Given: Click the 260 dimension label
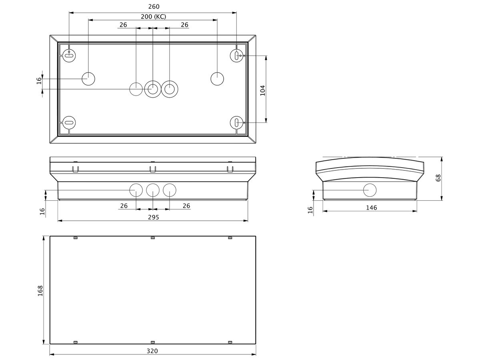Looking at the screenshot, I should pos(154,7).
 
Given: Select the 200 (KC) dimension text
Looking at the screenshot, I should pos(154,16).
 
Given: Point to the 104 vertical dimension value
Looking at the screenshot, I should pos(263,90).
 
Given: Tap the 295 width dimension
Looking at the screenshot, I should pos(154,217).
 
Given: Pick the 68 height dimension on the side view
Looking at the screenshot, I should pos(438,178).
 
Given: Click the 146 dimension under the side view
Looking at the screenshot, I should pos(371,208).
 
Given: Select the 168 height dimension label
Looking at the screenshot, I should pos(40,290).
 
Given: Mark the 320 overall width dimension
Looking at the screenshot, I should pos(153,351).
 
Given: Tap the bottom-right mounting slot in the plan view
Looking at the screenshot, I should pos(237,122).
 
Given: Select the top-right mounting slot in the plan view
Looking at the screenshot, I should pos(237,56).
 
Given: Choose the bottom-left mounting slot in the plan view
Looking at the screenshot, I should pos(69,122).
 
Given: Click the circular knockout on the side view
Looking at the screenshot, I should pos(370,190).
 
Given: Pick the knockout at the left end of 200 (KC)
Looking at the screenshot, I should pos(88,79).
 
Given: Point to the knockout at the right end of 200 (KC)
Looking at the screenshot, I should pos(217,79).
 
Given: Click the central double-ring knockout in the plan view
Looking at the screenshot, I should pos(152,89).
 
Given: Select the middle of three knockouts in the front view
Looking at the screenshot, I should pos(153,190).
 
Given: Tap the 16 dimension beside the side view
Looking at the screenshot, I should pos(310,210).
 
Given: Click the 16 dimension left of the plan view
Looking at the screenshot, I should pos(39,80).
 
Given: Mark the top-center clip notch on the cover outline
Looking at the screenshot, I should pos(153,238).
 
